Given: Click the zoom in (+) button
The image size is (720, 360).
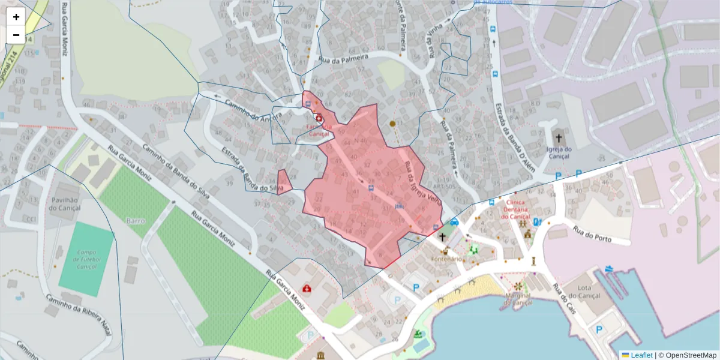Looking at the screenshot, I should click(16, 17).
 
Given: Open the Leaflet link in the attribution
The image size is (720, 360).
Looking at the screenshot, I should click(641, 355).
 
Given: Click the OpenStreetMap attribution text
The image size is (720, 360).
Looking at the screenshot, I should click(691, 355).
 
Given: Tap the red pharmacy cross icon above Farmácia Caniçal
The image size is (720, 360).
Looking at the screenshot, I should click(319, 119).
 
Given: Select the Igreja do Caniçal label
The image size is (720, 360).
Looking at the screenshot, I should click(558, 153).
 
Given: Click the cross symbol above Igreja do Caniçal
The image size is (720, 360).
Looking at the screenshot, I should click(559, 137).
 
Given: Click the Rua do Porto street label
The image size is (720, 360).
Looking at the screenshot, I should click(592, 234).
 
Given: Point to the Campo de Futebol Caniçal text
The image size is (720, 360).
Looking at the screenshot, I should click(87, 260).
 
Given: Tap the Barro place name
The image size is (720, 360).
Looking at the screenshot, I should click(136, 221).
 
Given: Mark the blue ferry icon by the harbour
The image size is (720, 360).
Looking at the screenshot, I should click(610, 269).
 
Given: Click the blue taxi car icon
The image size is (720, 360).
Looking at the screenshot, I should click(454, 222).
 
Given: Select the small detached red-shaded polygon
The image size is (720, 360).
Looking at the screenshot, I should click(284, 182).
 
